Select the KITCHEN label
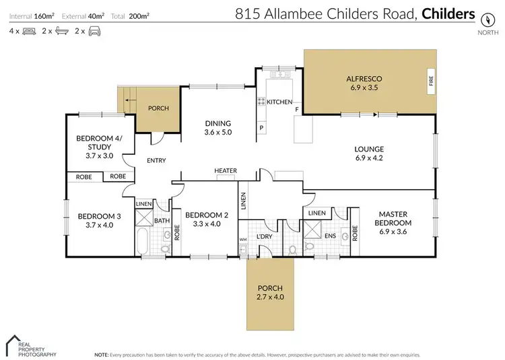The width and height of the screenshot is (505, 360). [x=279, y=102]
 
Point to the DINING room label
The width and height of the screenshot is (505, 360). [x=217, y=123]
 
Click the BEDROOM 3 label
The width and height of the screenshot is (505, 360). [x=99, y=216]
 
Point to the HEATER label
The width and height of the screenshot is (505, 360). [x=226, y=171]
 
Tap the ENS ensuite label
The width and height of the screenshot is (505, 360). [x=331, y=236]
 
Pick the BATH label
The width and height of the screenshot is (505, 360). [x=162, y=220]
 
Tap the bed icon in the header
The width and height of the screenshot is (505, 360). [x=29, y=31]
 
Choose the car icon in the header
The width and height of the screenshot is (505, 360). [x=94, y=31]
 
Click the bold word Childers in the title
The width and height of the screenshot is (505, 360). [x=449, y=13]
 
